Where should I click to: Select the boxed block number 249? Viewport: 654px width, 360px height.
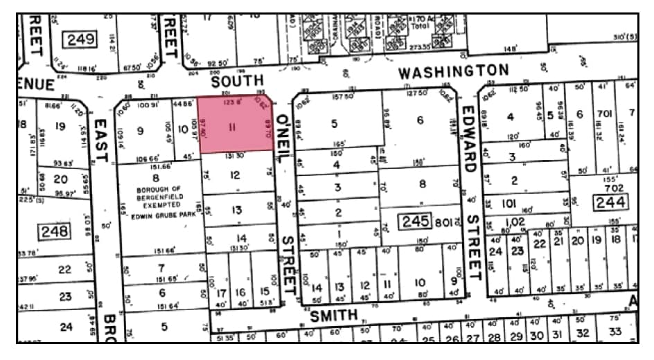pyautogui.click(x=80, y=39)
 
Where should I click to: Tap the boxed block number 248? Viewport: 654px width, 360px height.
pyautogui.click(x=54, y=231)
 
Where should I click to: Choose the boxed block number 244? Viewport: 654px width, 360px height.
pyautogui.click(x=610, y=202)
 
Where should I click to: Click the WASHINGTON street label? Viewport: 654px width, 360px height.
pyautogui.click(x=452, y=71)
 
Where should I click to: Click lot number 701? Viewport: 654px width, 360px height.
pyautogui.click(x=604, y=113)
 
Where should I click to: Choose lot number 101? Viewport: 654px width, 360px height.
pyautogui.click(x=509, y=204)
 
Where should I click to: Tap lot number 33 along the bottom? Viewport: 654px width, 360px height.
pyautogui.click(x=615, y=331)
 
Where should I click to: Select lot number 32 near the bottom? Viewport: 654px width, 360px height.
pyautogui.click(x=583, y=332)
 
